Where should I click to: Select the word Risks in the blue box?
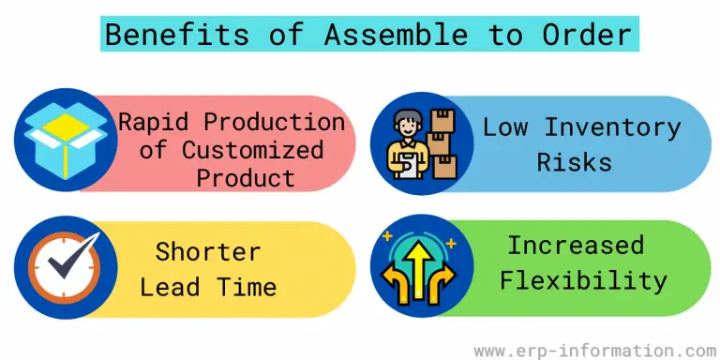[x=574, y=161]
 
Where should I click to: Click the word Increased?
[x=576, y=246]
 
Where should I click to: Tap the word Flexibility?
[x=582, y=279]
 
